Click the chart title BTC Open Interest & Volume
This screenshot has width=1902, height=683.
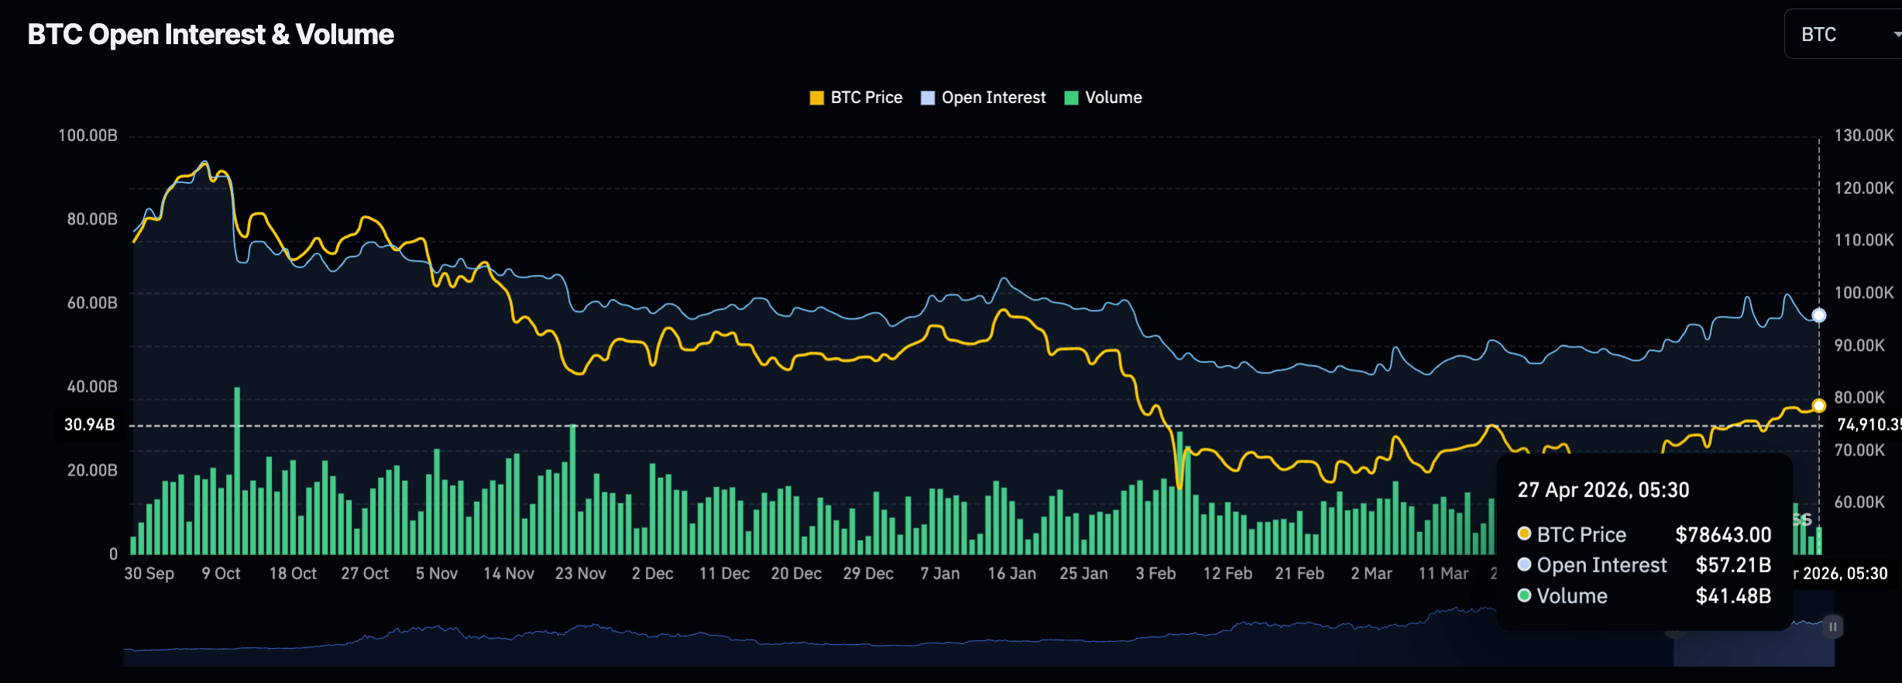click(211, 35)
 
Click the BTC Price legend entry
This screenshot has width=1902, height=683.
click(856, 98)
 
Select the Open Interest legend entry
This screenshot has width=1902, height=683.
click(984, 98)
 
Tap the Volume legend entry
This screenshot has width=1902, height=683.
click(1104, 98)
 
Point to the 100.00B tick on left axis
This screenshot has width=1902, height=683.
click(88, 136)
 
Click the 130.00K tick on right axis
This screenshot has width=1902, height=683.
click(1863, 136)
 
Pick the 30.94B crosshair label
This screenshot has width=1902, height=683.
click(89, 424)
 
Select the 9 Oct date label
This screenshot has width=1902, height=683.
click(221, 574)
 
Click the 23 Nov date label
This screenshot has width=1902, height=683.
click(580, 574)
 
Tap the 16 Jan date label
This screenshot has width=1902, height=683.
click(1011, 574)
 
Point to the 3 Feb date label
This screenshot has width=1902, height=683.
click(1155, 574)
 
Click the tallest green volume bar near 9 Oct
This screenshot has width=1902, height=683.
click(237, 465)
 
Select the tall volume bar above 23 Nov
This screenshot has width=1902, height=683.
click(573, 488)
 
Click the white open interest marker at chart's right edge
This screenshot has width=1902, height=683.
click(1819, 315)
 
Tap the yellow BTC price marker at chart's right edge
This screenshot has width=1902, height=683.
click(1819, 406)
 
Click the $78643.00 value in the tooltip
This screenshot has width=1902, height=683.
click(1723, 535)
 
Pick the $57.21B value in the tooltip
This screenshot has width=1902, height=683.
click(1733, 565)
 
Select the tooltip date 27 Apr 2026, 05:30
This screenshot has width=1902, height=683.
click(1603, 490)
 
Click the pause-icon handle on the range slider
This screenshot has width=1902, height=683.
click(1833, 626)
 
